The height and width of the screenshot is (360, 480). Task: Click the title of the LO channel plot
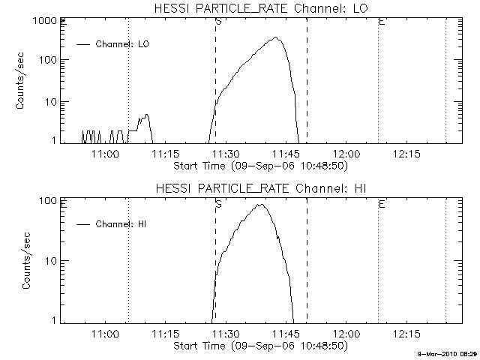coord(261,8)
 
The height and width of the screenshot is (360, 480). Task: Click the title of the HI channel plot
coord(261,188)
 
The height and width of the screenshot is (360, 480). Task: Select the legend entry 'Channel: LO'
coord(112,44)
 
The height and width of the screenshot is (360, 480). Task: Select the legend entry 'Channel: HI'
coord(112,224)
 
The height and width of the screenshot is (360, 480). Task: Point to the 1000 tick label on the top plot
coord(44,21)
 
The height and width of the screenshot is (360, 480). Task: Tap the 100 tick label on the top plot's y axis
coord(48,60)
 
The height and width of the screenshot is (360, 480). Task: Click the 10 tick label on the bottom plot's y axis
coord(51,261)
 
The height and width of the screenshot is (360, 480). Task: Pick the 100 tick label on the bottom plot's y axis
coord(48,201)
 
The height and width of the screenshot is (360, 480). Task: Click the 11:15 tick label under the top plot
coord(166,154)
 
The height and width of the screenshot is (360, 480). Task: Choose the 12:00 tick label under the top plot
coord(346,154)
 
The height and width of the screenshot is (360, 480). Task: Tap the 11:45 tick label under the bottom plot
coord(286,334)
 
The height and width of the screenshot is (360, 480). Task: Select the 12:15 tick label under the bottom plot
coord(406,334)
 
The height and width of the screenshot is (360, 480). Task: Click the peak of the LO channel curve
coord(276,37)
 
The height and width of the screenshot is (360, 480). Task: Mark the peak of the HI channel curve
coord(260,205)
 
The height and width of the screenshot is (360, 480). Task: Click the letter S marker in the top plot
coord(218,22)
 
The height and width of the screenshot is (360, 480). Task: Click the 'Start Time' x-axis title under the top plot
coord(260,166)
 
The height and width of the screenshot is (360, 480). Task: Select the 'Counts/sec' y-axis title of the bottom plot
coord(26,261)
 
